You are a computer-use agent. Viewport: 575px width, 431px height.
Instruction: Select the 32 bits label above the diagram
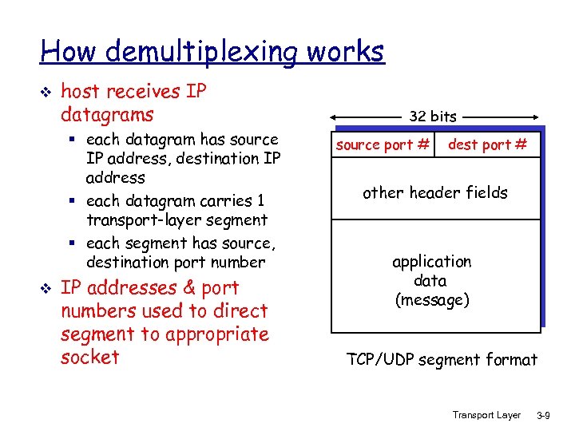433,117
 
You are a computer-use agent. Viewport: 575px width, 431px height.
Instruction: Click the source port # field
383,145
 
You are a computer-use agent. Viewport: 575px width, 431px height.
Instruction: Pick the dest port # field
487,145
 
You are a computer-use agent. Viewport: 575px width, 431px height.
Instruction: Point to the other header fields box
435,192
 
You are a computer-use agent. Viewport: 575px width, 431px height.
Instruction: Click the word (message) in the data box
432,300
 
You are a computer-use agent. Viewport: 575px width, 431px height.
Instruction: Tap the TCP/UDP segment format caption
442,360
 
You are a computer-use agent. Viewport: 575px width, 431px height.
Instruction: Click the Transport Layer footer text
486,415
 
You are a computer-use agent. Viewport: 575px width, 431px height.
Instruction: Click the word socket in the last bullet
89,357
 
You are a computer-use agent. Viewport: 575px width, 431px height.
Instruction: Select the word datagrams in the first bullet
107,115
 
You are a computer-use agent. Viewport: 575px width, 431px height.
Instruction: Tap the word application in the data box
432,262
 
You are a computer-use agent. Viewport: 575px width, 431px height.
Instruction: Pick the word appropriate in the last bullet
216,334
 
